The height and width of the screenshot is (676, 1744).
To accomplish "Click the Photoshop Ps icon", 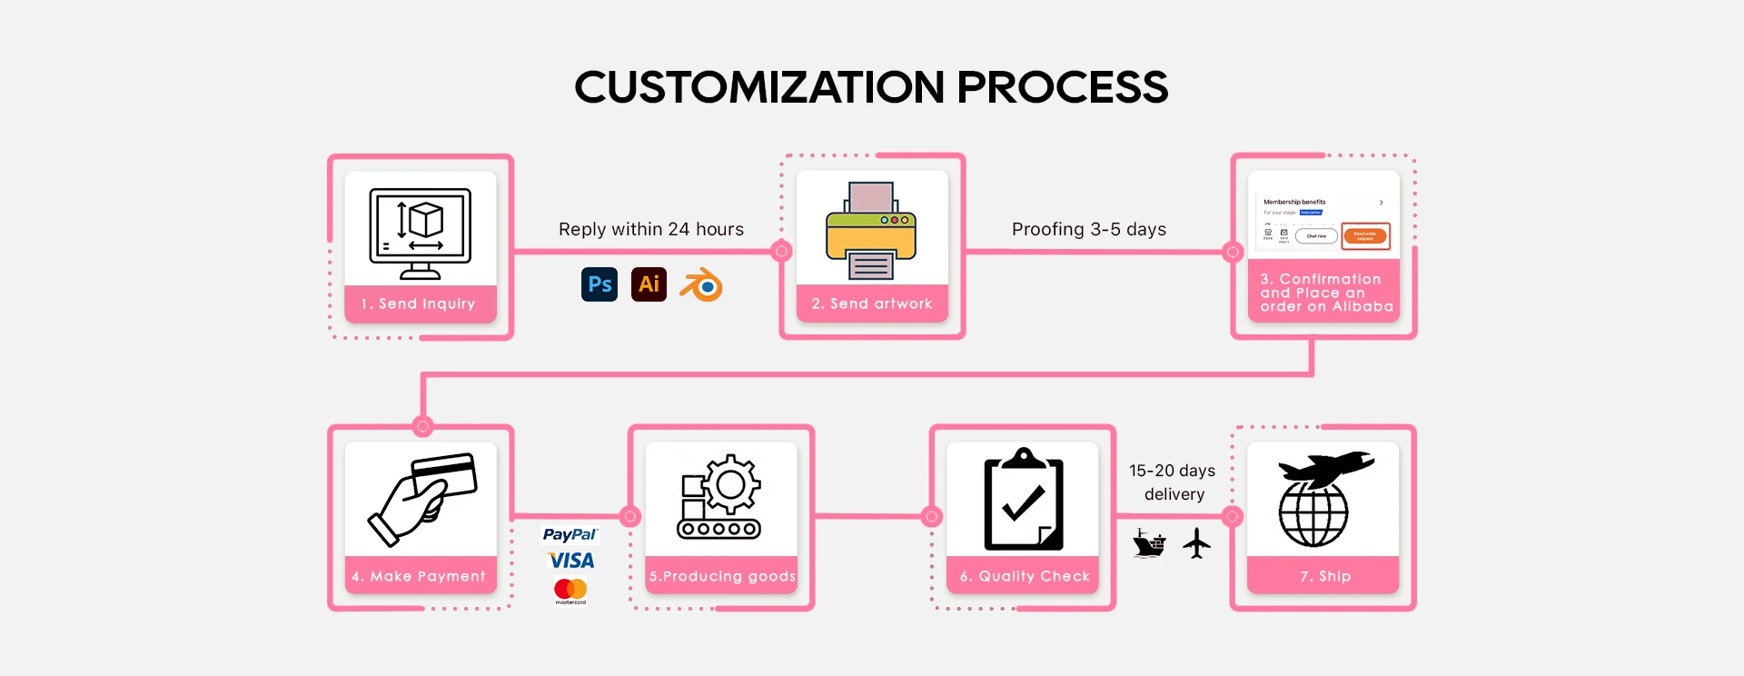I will click(x=599, y=284).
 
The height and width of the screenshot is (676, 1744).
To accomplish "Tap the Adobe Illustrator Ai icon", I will click(x=649, y=284).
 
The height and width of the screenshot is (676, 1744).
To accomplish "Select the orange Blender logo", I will click(x=702, y=285).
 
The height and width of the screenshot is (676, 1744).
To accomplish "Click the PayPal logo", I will click(x=570, y=534).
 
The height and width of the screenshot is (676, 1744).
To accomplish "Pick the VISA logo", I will click(x=571, y=561).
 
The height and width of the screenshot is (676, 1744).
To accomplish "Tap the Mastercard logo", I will click(x=570, y=591).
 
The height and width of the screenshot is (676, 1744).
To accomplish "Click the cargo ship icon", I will click(x=1149, y=543).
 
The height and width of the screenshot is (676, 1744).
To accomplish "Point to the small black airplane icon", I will click(x=1197, y=543).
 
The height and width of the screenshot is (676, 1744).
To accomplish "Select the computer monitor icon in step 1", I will click(x=421, y=233).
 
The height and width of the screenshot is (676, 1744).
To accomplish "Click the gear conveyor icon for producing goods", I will click(x=720, y=497).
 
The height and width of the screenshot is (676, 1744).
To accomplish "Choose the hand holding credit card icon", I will click(x=422, y=499).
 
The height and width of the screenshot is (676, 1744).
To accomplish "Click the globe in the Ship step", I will click(x=1313, y=513).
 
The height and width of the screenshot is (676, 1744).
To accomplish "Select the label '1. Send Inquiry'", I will click(x=419, y=303).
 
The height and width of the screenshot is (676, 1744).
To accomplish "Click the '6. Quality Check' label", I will click(x=1025, y=576).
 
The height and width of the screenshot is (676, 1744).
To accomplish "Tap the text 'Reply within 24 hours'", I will click(x=651, y=229).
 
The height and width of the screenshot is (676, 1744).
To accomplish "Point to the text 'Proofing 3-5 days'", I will click(x=1089, y=229).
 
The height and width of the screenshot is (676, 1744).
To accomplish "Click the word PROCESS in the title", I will click(x=1063, y=87).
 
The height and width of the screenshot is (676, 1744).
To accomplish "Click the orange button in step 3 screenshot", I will click(x=1365, y=235).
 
